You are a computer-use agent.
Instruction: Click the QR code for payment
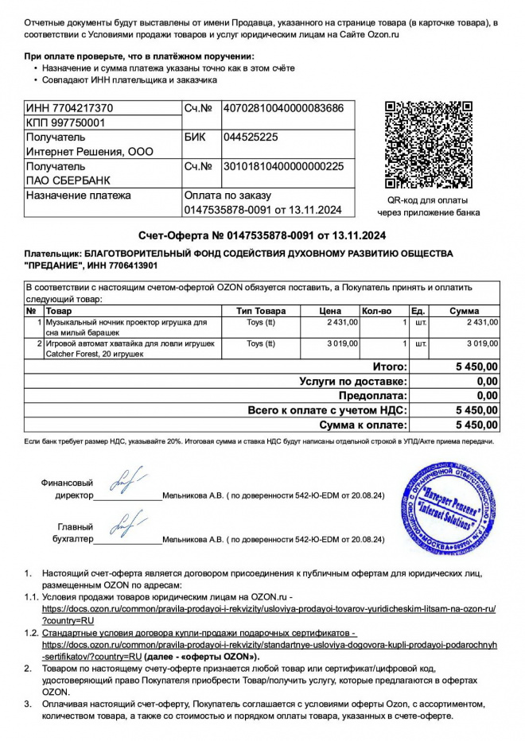(x=428, y=145)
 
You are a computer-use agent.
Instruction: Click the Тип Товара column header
(x=261, y=311)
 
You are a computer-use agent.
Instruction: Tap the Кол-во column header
(x=377, y=311)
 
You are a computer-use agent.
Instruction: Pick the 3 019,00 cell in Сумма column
(x=481, y=343)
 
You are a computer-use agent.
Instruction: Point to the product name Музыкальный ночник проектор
(x=126, y=323)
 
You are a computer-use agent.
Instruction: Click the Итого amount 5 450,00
(x=476, y=367)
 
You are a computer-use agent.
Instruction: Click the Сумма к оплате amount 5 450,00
(x=476, y=425)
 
